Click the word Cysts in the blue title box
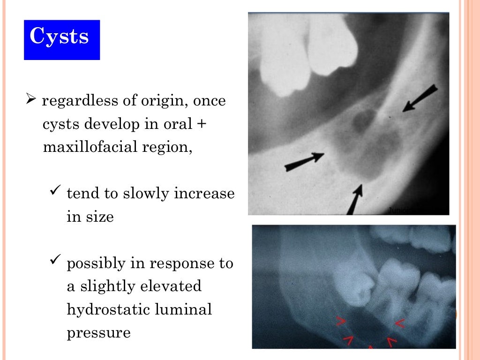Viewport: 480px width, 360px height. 59,37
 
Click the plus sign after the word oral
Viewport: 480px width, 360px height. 202,125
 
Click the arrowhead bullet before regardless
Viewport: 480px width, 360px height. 30,99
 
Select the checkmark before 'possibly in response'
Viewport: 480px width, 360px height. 55,262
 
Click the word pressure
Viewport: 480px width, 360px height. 98,333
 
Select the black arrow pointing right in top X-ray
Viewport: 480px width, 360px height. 304,161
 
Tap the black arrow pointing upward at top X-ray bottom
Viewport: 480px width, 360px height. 355,199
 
